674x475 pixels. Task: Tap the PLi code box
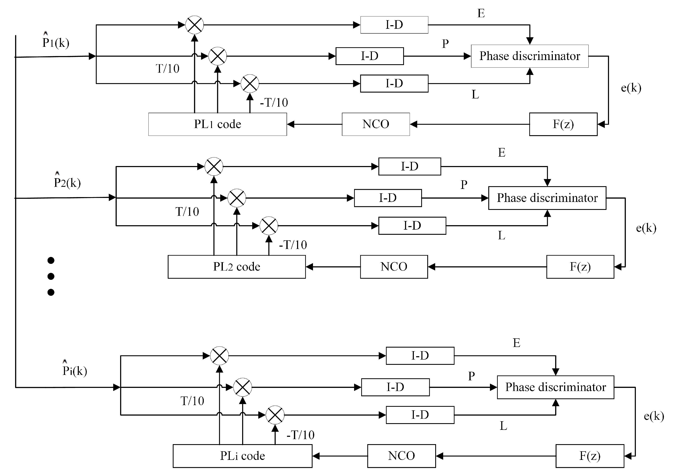click(x=243, y=456)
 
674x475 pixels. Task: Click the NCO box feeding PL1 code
click(x=376, y=124)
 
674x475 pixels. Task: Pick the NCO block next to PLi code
click(x=401, y=456)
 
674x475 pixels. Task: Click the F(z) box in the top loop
click(x=563, y=124)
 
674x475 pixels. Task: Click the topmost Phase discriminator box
click(x=530, y=56)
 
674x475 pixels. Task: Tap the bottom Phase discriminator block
click(x=555, y=387)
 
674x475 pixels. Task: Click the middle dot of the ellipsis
click(x=51, y=276)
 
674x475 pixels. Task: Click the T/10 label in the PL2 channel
click(x=187, y=212)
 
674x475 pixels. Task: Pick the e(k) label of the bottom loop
click(x=654, y=416)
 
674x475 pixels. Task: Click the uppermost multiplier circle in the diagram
click(x=194, y=25)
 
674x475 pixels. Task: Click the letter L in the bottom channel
click(x=503, y=426)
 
